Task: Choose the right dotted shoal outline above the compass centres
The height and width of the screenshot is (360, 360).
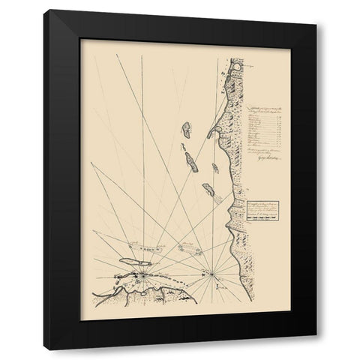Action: pyautogui.click(x=187, y=244)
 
